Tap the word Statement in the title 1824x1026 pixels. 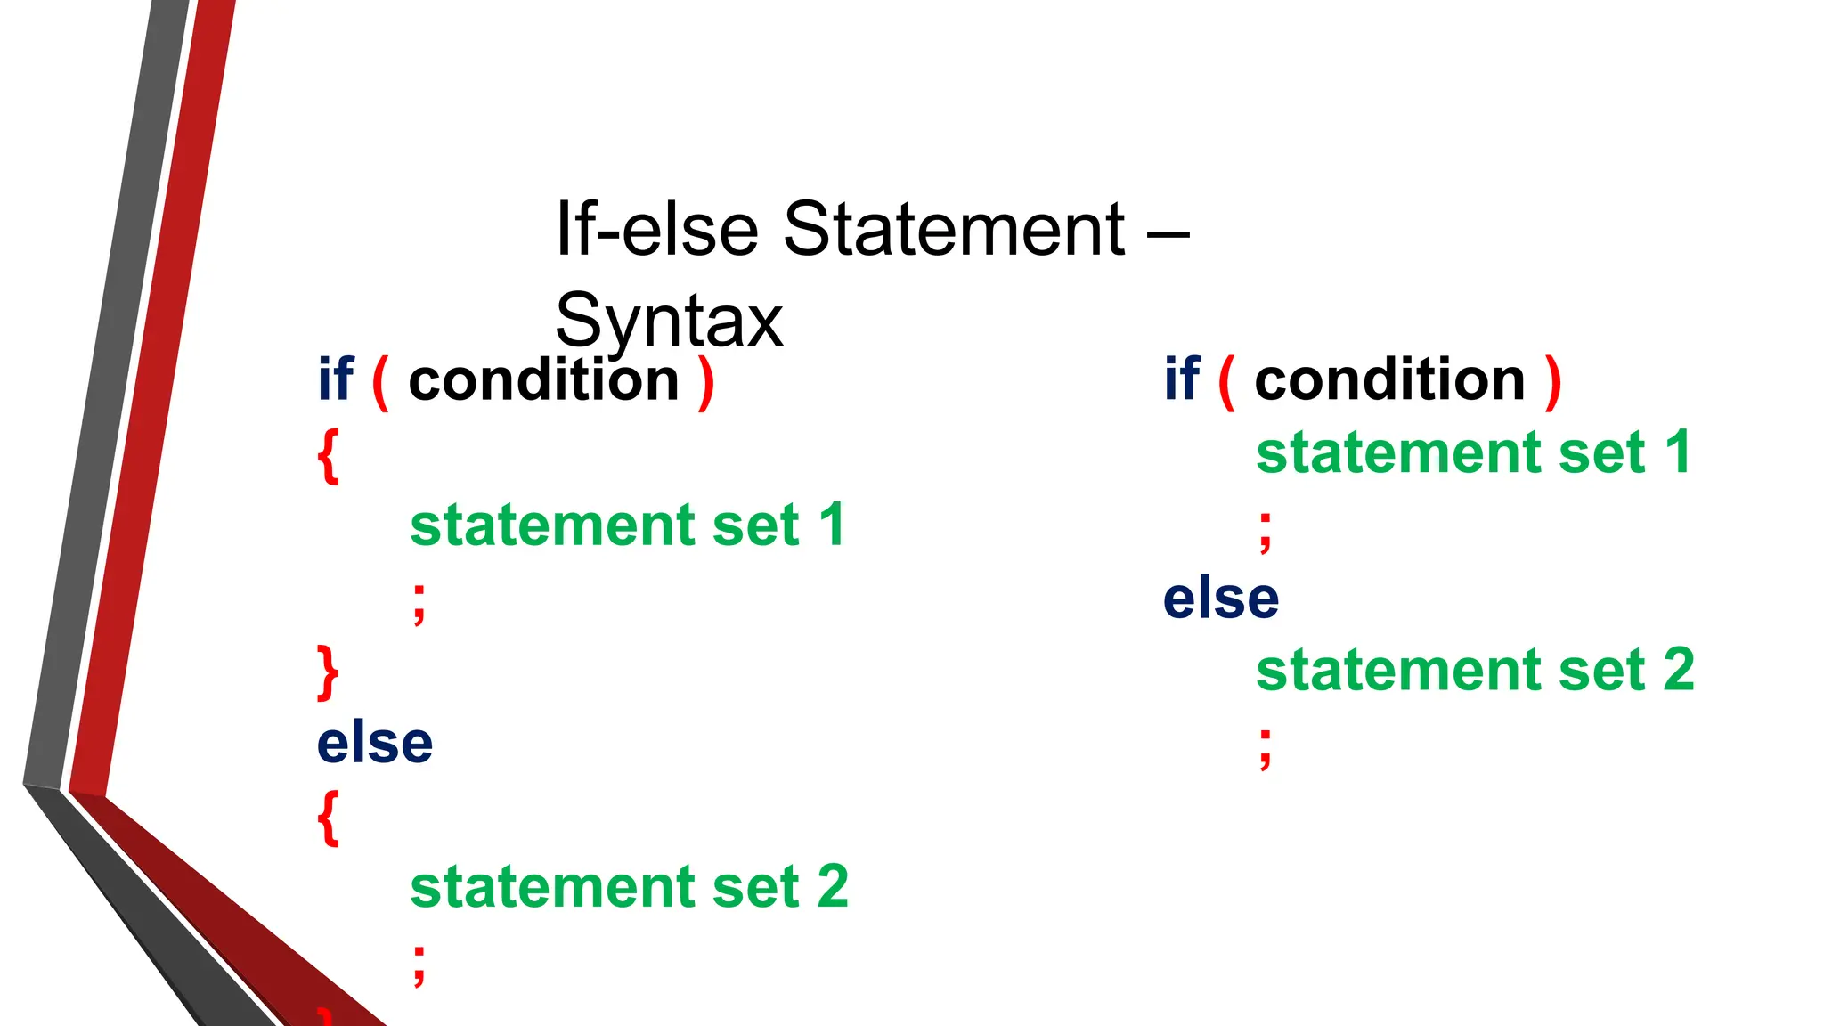pos(953,229)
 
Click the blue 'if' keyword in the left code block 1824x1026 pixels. pos(336,379)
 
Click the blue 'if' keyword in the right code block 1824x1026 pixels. pos(1182,379)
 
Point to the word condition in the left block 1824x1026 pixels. pos(543,381)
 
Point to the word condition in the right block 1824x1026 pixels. pos(1389,381)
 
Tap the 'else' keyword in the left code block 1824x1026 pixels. pos(375,743)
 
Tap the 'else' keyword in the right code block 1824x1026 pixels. pos(1221,598)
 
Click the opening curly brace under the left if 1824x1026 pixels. pos(329,456)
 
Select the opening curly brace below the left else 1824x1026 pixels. pos(329,818)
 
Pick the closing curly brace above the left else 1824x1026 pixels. pos(329,673)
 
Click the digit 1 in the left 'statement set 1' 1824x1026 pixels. pos(832,525)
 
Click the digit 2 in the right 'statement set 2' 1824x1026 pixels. pos(1679,670)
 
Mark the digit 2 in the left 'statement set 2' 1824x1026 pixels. pos(833,887)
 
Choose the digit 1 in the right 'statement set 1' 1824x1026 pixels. pos(1678,452)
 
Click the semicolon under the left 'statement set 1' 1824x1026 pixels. pos(419,604)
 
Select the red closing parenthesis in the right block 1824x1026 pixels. pos(1553,383)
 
